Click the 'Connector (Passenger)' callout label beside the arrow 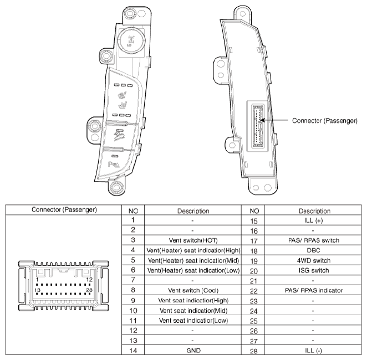coord(325,121)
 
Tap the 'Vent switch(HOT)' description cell coord(193,240)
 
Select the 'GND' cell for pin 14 coord(193,351)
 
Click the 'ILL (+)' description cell coord(313,220)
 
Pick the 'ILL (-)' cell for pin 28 coord(313,351)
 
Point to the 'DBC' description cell coord(313,250)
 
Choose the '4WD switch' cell coord(314,260)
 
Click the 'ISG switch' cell coord(314,270)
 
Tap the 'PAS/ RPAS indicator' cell coord(314,290)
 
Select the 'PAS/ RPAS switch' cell coord(314,240)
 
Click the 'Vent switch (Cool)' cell coord(193,290)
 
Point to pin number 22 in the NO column coord(254,291)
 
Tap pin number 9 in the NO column coord(133,300)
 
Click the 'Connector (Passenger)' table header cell coord(64,210)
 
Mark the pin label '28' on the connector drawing coord(89,290)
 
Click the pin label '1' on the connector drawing coord(37,280)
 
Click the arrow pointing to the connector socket coord(274,120)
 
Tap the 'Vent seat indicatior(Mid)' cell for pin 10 coord(193,311)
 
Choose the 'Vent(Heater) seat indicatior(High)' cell coord(193,250)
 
